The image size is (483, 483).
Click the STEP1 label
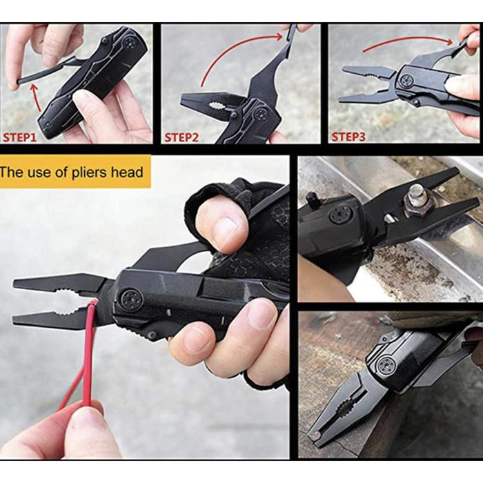tap(19, 137)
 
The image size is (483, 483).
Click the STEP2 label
tap(181, 137)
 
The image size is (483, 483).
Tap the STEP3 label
tap(348, 137)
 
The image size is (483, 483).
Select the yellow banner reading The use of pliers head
tap(75, 172)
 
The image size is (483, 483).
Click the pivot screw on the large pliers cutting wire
tap(130, 299)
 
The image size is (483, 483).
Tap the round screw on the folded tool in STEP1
tap(130, 43)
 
